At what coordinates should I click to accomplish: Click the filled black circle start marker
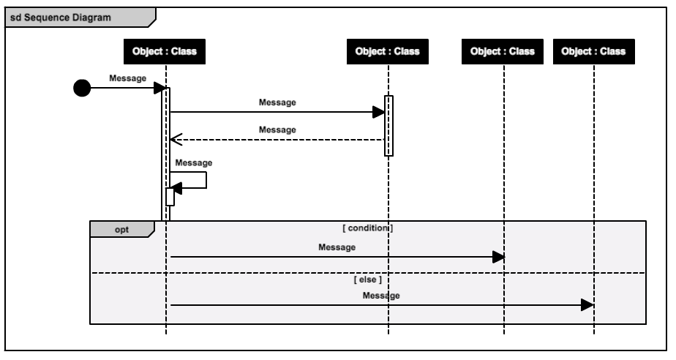point(83,89)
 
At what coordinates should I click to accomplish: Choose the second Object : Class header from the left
point(388,52)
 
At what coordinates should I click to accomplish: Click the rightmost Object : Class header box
point(593,52)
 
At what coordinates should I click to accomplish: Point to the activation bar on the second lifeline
point(388,125)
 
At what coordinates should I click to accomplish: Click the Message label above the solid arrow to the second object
point(277,102)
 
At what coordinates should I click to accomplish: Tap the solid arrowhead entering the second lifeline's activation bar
point(378,112)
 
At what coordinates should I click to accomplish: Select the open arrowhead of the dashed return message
point(175,139)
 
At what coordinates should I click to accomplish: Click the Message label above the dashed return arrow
point(277,130)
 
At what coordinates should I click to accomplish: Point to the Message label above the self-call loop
point(194,162)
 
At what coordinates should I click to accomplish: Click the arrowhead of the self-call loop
point(176,189)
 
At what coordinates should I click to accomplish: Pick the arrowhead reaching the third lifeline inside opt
point(498,257)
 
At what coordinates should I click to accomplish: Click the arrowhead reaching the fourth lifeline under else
point(587,305)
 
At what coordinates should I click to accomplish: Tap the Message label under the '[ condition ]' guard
point(337,247)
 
